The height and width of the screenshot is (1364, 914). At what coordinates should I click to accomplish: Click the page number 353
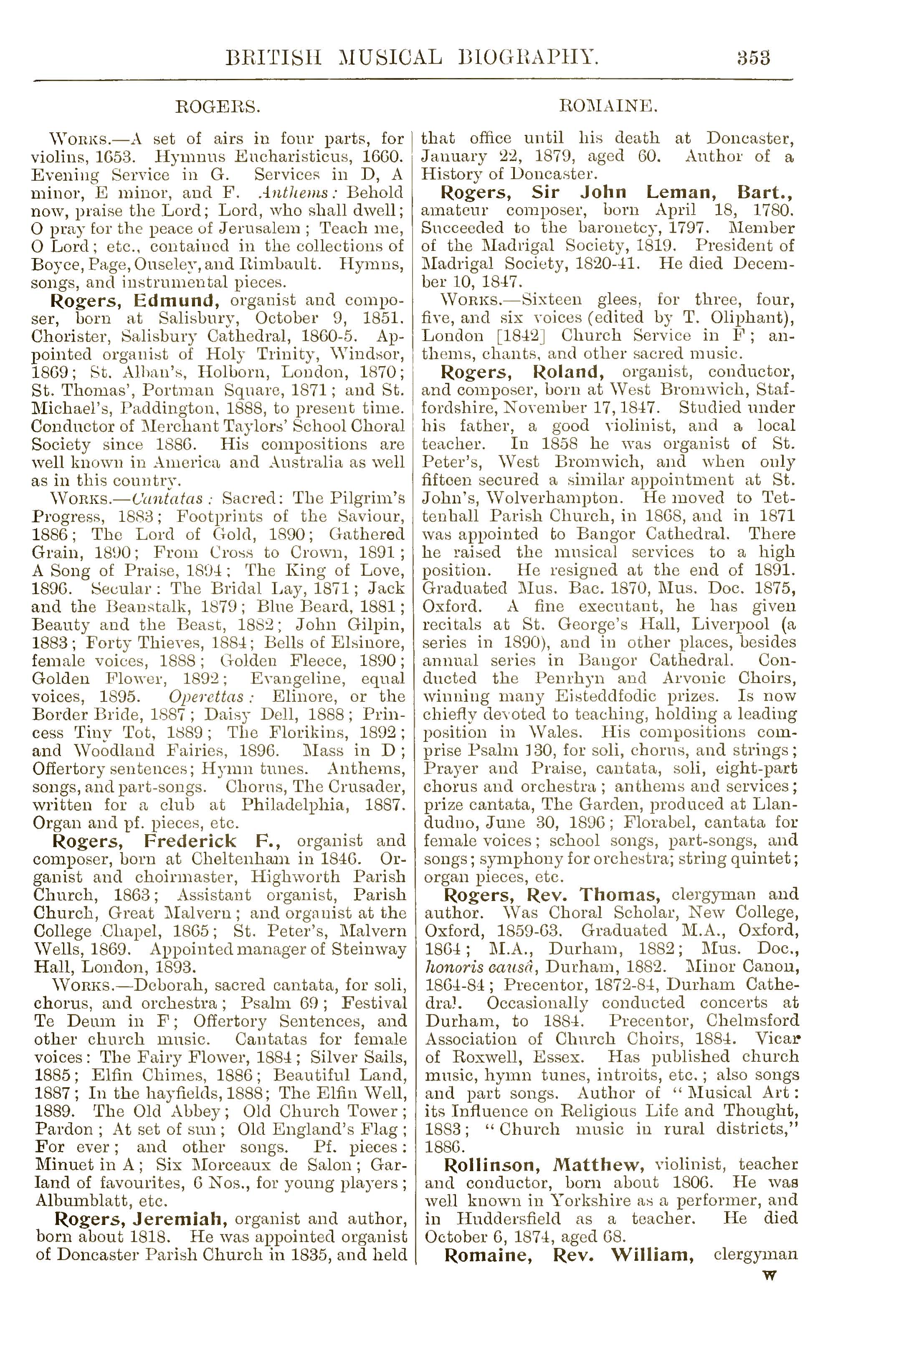point(753,58)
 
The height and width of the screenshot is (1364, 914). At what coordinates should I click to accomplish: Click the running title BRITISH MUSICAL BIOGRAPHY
point(413,58)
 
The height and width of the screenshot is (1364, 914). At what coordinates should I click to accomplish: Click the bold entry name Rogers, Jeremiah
point(137,1218)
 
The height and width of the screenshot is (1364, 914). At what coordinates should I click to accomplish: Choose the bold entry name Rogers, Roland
point(521,372)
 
